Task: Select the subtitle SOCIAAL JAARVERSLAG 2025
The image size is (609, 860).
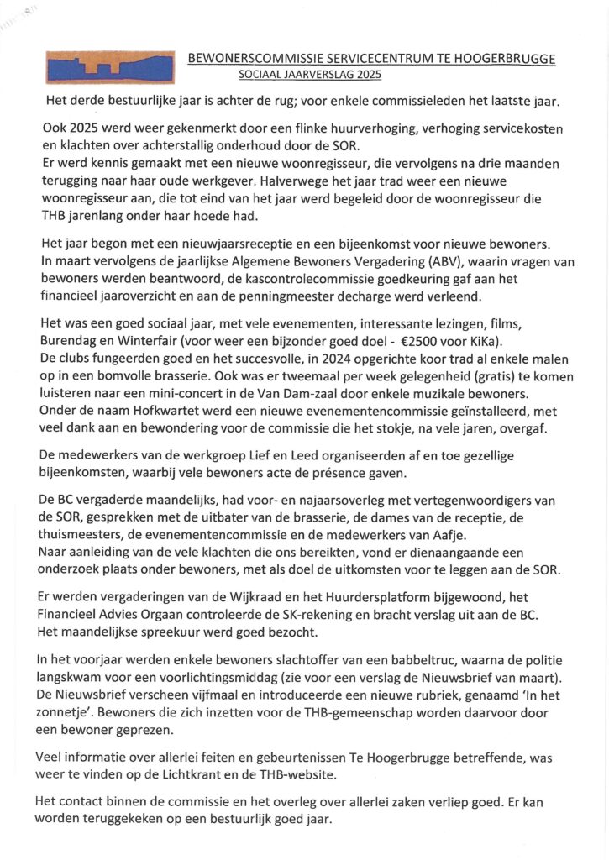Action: pyautogui.click(x=311, y=75)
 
